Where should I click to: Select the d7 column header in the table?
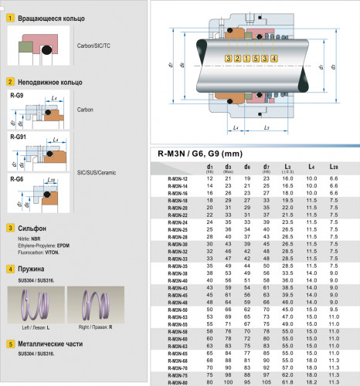point(267,166)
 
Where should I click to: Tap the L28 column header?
point(334,166)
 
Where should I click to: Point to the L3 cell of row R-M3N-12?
point(287,178)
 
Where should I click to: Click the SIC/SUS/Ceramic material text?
point(97,172)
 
